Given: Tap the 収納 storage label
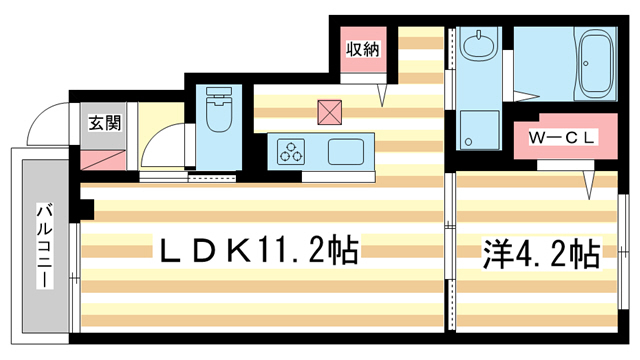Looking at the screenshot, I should [x=361, y=48].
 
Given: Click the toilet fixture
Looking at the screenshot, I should [x=217, y=113].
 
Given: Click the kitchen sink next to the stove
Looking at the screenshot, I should [x=347, y=153].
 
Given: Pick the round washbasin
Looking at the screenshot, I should [x=480, y=46].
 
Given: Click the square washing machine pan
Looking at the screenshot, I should [x=480, y=128].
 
